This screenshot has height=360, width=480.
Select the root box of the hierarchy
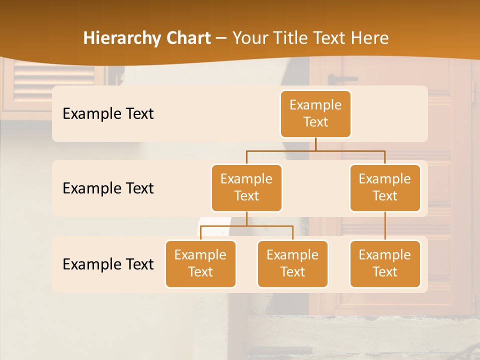point(315,113)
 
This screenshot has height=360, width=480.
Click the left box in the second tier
point(246,187)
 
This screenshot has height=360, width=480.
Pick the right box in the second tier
point(385,187)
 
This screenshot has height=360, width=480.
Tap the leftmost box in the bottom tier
point(200,263)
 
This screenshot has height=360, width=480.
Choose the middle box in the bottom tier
point(292,263)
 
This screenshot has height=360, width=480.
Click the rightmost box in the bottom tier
point(385,263)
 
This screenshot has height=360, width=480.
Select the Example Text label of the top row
point(108,113)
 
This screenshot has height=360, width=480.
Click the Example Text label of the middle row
point(108,188)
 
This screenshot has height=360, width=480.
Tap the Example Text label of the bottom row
point(108,264)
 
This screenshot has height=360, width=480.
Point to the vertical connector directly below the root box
point(315,144)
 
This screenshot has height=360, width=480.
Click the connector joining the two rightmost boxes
point(385,226)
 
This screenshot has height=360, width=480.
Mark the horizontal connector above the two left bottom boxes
point(246,226)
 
